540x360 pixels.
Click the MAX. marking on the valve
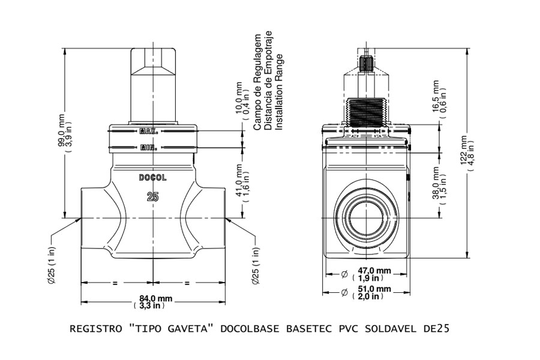(x=148, y=131)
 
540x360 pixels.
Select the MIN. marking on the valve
(x=148, y=148)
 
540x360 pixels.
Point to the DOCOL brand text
(x=152, y=178)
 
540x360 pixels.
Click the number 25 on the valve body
(x=152, y=197)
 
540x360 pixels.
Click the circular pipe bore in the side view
(x=367, y=218)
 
